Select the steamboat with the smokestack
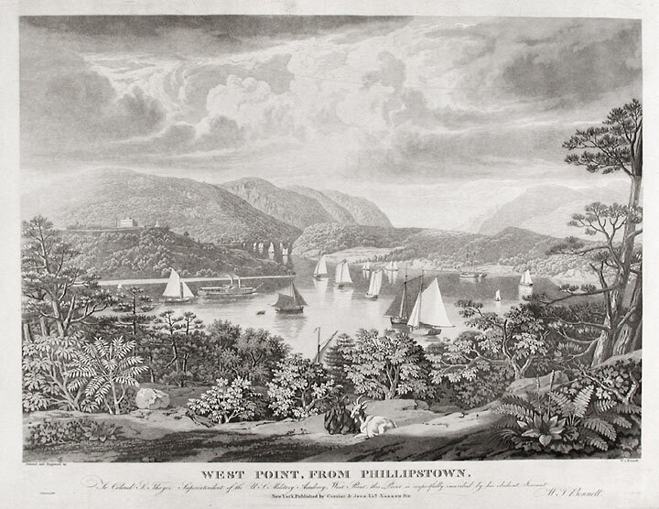[228, 291]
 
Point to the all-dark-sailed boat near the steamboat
[289, 300]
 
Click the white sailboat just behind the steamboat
[176, 287]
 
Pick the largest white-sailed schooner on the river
[428, 309]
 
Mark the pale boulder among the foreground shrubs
[151, 396]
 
